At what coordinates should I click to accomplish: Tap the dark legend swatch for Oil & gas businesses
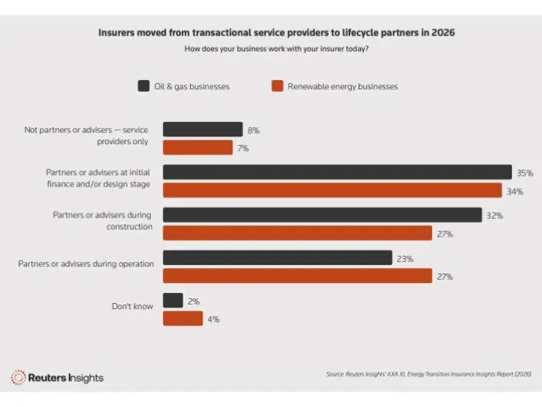point(143,86)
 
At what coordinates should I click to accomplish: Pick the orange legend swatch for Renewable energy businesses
point(277,86)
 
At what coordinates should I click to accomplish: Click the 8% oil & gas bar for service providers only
point(202,129)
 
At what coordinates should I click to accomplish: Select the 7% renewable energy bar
point(197,147)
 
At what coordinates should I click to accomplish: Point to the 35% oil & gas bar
point(336,173)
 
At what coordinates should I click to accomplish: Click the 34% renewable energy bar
point(332,190)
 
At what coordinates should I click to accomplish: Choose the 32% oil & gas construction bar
point(322,215)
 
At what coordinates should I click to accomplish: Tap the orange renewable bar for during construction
point(297,233)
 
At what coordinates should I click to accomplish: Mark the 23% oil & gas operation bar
point(277,258)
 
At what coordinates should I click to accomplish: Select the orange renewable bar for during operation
point(297,275)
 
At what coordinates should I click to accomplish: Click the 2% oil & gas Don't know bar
point(172,301)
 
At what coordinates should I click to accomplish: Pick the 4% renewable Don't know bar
point(182,318)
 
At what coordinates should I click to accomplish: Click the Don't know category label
point(132,306)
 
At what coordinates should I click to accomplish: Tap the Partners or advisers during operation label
point(86,264)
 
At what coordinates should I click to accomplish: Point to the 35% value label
point(525,173)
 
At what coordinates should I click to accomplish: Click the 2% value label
point(193,301)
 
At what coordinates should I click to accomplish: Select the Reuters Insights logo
point(57,378)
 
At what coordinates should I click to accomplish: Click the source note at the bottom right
point(429,375)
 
